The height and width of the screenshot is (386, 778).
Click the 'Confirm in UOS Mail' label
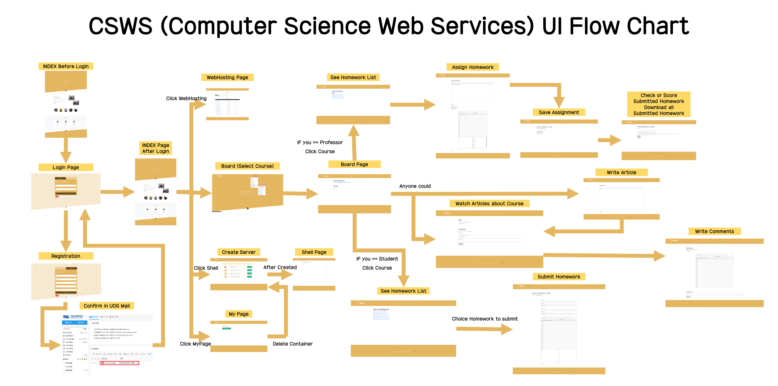click(107, 306)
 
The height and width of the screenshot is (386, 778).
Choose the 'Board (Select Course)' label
click(247, 166)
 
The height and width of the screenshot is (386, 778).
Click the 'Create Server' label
click(239, 252)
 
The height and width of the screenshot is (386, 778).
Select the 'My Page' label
click(239, 314)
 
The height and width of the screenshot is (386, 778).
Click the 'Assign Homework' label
click(473, 67)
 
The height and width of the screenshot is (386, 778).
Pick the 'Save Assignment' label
click(559, 112)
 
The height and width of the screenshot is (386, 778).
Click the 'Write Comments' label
click(714, 231)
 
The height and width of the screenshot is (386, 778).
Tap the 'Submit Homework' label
click(559, 277)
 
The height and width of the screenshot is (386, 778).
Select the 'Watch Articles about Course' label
click(489, 204)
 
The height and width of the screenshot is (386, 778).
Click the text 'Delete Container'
click(292, 344)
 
